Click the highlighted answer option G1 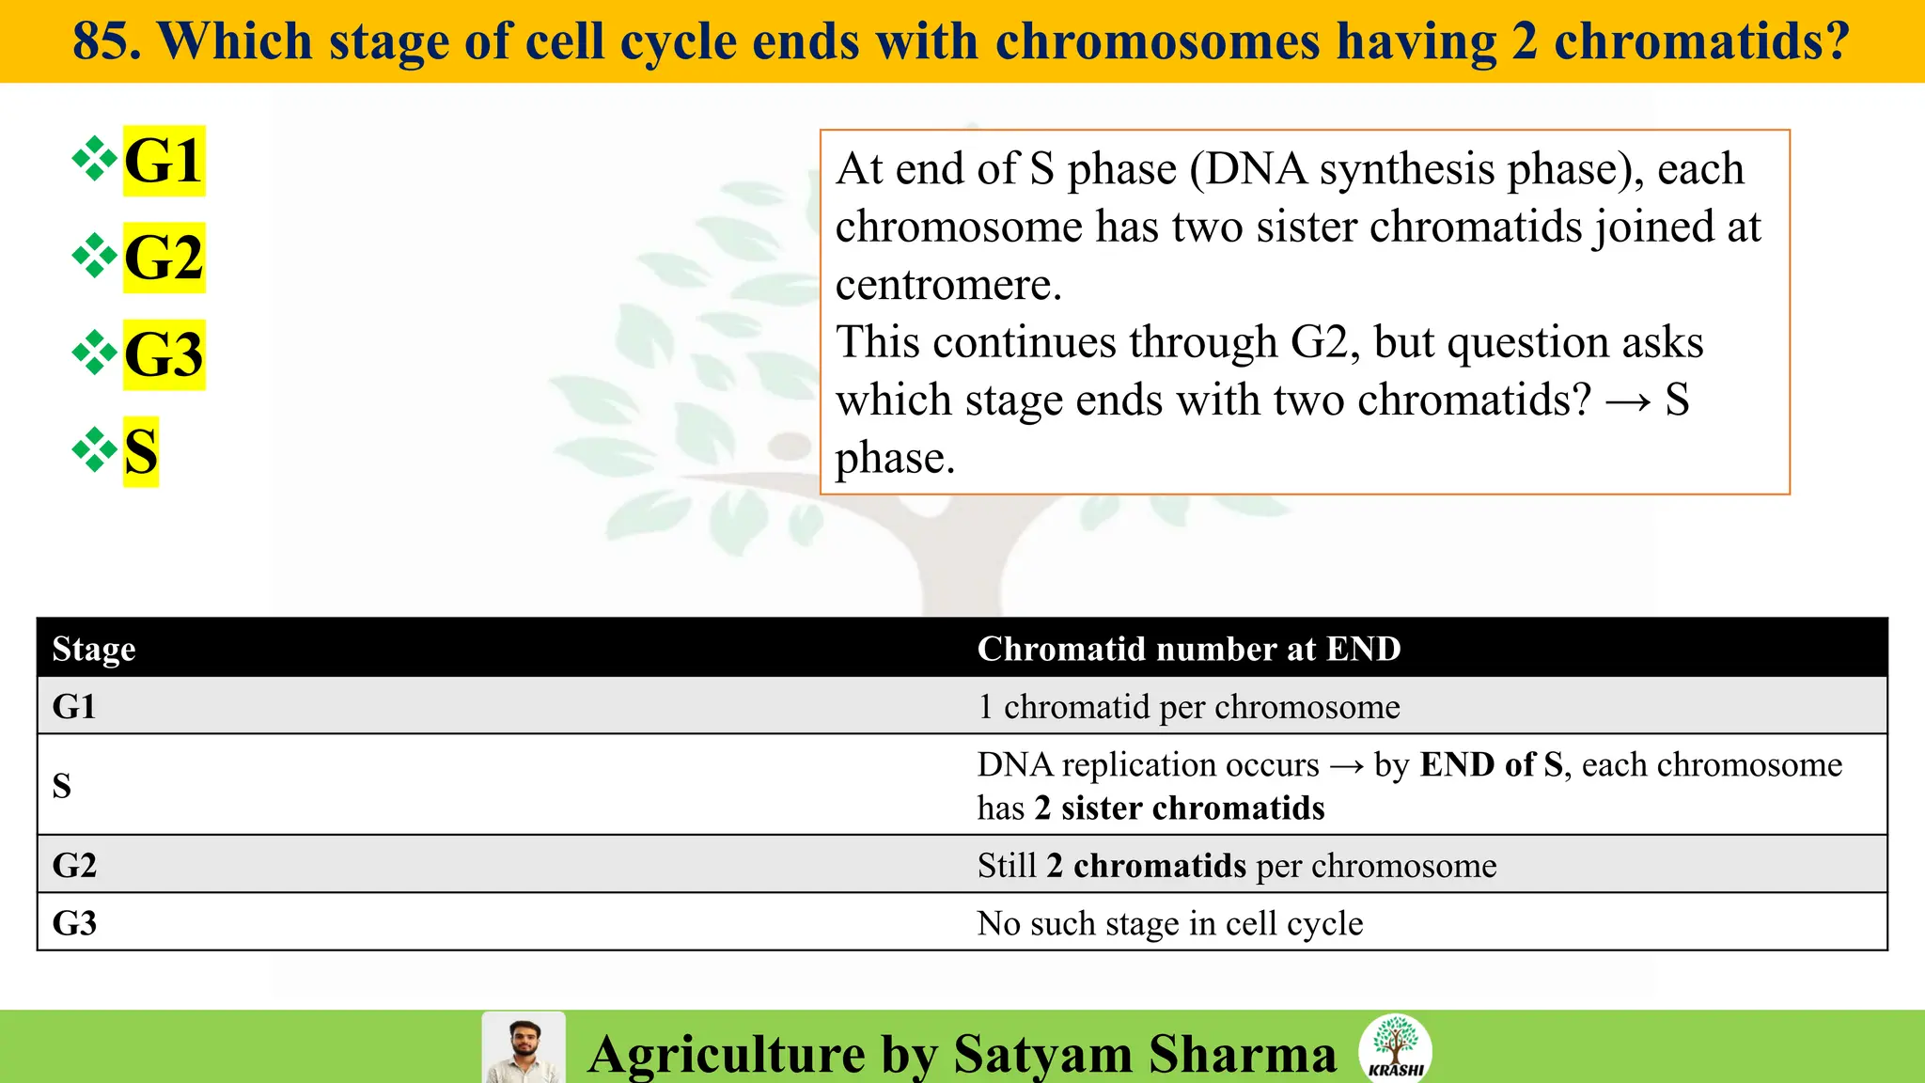164,161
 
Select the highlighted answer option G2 164,258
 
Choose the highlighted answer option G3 164,354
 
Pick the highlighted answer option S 141,451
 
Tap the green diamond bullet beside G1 95,158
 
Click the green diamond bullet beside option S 95,449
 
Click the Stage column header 94,649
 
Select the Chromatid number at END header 1189,649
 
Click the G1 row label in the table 74,706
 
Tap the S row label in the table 62,785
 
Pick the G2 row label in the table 74,865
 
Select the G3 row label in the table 74,923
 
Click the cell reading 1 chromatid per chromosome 1188,706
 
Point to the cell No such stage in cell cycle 1170,923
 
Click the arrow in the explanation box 1628,401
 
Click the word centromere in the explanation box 948,285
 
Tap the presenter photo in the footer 524,1048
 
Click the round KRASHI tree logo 1395,1047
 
